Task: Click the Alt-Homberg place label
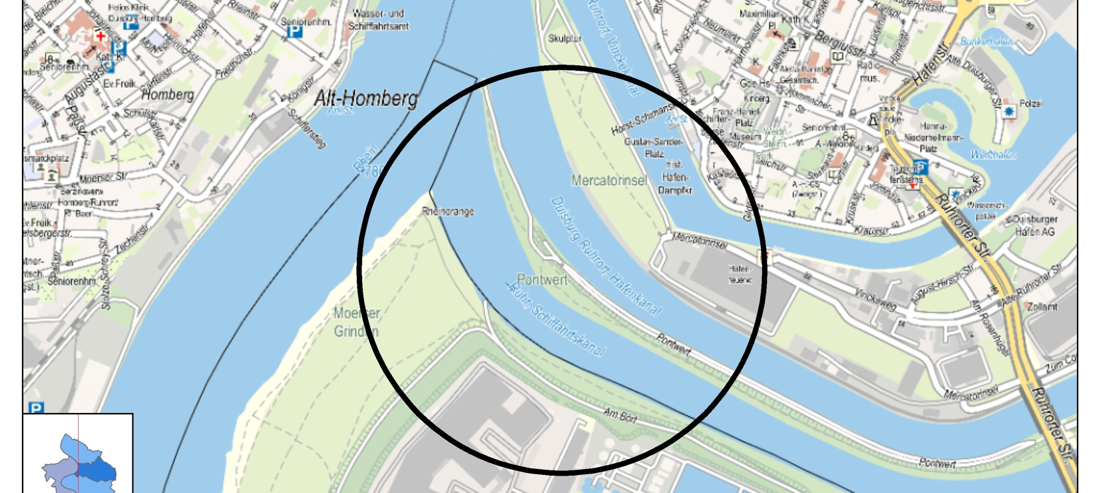(365, 99)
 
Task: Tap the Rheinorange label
(448, 212)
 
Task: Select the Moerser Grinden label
(357, 322)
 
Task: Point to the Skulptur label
(564, 39)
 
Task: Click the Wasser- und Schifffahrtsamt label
(378, 20)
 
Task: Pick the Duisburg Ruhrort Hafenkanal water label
(606, 255)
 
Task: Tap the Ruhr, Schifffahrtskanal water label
(556, 318)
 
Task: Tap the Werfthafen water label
(992, 155)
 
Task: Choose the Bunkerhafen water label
(987, 41)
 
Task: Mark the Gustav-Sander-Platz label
(653, 147)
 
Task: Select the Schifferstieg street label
(307, 128)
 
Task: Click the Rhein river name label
(365, 161)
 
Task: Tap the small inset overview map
(78, 454)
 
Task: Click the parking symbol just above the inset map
(35, 408)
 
